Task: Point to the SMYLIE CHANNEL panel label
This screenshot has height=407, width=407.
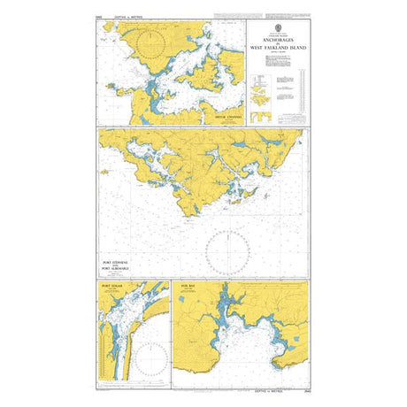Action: (x=218, y=114)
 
